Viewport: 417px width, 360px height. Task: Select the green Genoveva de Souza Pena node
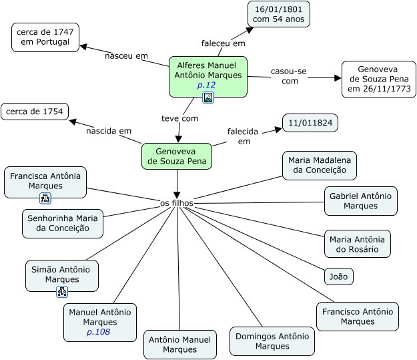tap(176, 156)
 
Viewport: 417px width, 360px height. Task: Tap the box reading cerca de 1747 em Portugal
tap(45, 37)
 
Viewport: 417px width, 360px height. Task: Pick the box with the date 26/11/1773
tap(378, 79)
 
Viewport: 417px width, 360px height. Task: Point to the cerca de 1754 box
tap(34, 111)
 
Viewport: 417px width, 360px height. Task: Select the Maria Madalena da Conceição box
tap(319, 165)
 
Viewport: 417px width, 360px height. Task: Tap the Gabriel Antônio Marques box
tap(360, 200)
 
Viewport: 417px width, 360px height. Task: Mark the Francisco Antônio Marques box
tap(357, 316)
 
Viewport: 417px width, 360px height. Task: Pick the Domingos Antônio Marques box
tap(272, 341)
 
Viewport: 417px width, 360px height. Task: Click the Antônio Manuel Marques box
tap(180, 344)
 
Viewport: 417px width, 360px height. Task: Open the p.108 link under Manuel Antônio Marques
tap(98, 332)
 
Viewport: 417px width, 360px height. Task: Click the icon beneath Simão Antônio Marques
tap(62, 291)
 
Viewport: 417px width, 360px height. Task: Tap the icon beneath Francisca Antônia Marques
tap(45, 198)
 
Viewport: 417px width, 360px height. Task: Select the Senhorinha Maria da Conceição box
tap(63, 223)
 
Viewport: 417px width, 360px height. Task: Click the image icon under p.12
tap(208, 98)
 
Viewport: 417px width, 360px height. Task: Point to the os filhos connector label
tap(177, 202)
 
